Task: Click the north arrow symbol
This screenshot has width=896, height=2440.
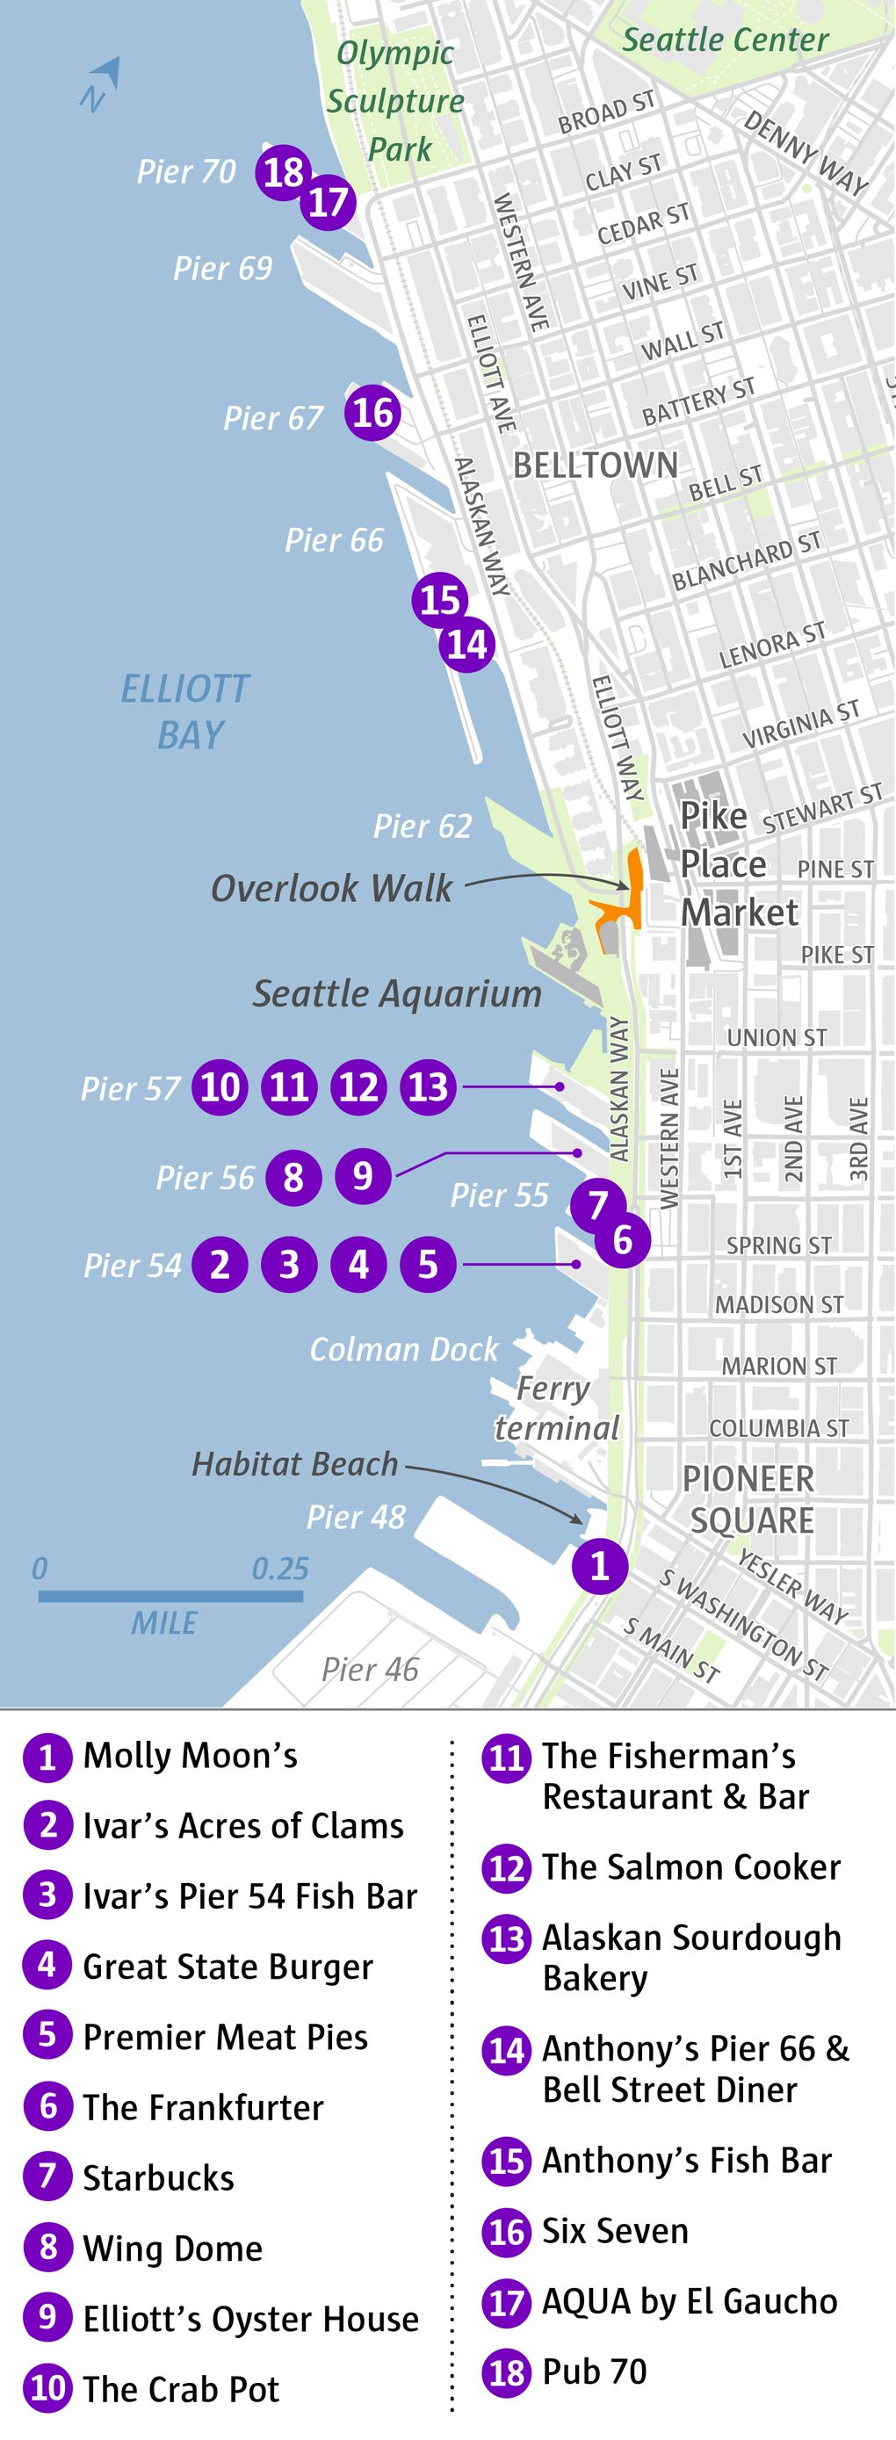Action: click(102, 83)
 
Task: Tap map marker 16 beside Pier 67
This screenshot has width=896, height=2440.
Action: click(372, 413)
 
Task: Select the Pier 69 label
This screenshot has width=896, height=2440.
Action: click(222, 269)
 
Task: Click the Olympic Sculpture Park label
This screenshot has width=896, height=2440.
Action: click(396, 100)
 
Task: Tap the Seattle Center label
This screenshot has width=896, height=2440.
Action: click(725, 40)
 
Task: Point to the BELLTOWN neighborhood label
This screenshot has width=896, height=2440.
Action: click(596, 466)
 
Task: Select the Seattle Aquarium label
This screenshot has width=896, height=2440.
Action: click(397, 993)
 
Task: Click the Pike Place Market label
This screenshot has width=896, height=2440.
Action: click(739, 864)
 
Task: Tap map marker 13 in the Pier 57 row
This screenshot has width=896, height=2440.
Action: click(428, 1086)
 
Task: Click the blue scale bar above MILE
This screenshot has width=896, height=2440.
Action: click(170, 1596)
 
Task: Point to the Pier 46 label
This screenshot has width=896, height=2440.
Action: click(370, 1670)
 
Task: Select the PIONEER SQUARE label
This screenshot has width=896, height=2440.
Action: click(749, 1498)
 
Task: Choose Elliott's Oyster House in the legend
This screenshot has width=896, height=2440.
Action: click(250, 2319)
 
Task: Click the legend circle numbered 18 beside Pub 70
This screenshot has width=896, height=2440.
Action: click(506, 2372)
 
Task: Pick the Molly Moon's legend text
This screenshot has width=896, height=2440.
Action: click(191, 1756)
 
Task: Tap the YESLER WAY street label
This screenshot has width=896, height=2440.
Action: click(791, 1585)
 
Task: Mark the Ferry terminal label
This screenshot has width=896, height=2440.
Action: click(556, 1409)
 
